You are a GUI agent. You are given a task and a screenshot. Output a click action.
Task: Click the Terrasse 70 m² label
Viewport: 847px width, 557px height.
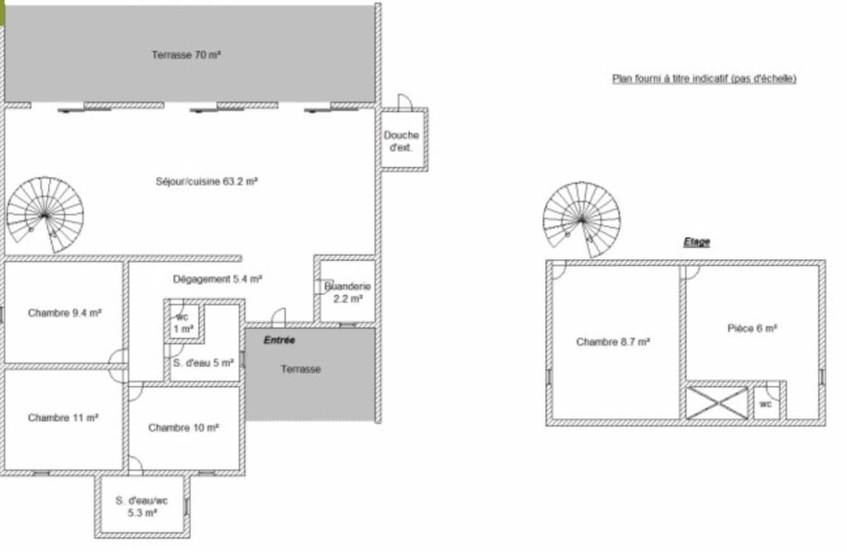(x=186, y=55)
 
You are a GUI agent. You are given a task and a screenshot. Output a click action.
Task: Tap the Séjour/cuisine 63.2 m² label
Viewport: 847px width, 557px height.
(x=206, y=181)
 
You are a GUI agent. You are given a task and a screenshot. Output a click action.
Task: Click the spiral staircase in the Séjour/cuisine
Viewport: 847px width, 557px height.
(x=45, y=215)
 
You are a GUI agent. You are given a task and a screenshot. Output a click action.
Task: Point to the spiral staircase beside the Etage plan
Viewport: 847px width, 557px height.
(x=581, y=220)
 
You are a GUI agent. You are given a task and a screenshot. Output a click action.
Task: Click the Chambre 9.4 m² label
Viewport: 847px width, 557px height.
(x=65, y=313)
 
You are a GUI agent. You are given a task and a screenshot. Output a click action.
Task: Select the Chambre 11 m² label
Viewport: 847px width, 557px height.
(x=63, y=418)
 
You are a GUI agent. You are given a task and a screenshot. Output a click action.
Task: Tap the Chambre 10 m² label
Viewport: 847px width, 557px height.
(x=184, y=428)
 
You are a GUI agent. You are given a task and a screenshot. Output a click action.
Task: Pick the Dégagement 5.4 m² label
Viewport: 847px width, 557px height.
(x=218, y=279)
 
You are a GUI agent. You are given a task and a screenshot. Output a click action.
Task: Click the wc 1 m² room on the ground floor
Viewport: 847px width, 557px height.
(x=184, y=323)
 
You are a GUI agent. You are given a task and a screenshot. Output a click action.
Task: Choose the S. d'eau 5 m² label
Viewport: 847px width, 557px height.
(x=203, y=363)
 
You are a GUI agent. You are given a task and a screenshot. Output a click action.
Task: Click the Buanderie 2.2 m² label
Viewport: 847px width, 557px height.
(x=347, y=292)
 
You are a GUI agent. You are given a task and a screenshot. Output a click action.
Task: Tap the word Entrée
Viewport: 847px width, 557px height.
(x=280, y=340)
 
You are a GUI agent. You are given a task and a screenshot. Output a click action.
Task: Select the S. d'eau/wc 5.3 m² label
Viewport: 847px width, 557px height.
(x=142, y=507)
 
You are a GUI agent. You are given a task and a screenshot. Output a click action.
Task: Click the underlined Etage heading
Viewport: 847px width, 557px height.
(x=696, y=242)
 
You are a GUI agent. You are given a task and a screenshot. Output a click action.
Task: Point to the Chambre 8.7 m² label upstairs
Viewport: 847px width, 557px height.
(x=613, y=341)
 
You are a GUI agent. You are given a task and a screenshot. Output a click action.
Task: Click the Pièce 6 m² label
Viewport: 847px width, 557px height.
(x=753, y=328)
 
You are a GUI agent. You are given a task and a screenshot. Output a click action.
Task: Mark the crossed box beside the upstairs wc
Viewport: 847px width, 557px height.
(x=717, y=402)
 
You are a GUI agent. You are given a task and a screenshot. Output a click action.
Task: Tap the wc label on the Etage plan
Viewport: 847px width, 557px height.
(x=766, y=404)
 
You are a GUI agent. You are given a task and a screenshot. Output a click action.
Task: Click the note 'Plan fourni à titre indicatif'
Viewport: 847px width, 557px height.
(x=705, y=79)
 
